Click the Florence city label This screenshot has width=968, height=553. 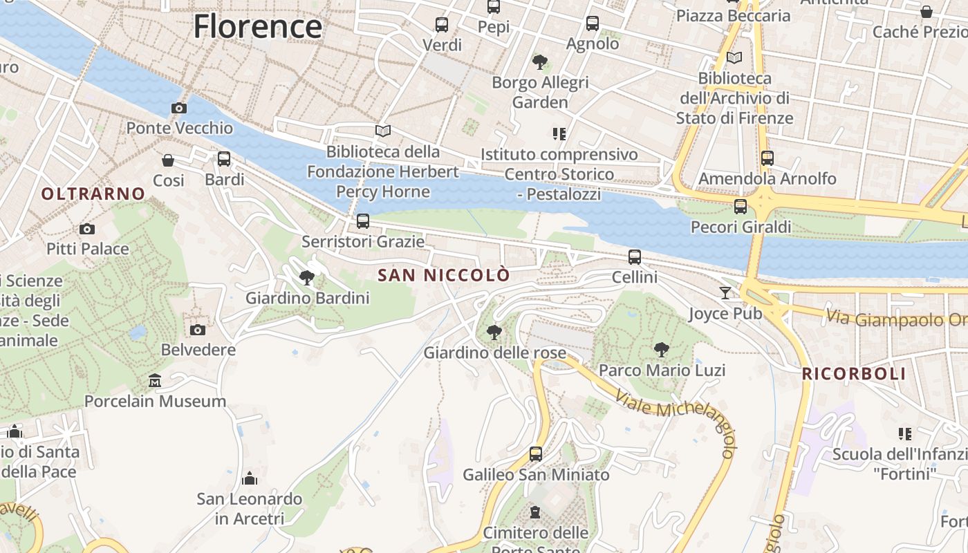point(257,26)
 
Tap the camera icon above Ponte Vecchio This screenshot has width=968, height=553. point(179,108)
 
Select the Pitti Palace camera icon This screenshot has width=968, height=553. point(87,229)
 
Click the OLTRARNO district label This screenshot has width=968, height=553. point(93,194)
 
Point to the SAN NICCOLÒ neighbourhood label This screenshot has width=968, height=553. point(444,275)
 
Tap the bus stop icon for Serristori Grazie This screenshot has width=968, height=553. point(363,221)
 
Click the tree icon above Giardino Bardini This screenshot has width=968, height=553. point(307,278)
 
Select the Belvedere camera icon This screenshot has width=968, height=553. point(198,330)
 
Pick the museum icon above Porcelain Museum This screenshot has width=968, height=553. point(155,381)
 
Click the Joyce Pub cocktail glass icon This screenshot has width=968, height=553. point(725,293)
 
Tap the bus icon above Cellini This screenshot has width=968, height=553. point(635,257)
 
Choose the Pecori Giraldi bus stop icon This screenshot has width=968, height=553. point(741,206)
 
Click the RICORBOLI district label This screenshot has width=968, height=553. point(854,374)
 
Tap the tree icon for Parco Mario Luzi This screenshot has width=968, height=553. point(662,350)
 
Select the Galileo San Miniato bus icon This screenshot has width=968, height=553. point(536,454)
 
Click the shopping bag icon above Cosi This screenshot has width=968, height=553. point(168,160)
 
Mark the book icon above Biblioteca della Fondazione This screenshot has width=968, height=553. point(383,131)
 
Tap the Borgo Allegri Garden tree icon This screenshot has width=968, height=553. point(540,62)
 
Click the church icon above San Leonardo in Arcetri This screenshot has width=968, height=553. point(250,478)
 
